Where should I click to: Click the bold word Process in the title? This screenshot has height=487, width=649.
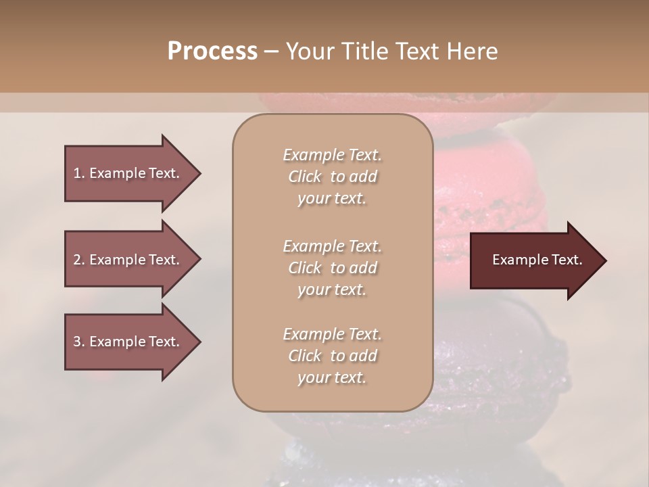pos(212,51)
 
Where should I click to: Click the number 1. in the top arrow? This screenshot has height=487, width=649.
pos(79,173)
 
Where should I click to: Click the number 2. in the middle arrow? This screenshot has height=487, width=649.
pos(79,260)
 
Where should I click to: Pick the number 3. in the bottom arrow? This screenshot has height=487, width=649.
pos(79,342)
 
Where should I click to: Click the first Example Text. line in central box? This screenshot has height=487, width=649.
pos(332,155)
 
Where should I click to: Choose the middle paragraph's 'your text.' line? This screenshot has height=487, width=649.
pos(332,289)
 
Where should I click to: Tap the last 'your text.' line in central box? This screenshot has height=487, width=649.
pos(332,377)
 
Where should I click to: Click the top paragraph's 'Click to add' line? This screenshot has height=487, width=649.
pos(332,177)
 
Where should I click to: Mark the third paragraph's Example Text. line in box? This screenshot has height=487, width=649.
pos(332,334)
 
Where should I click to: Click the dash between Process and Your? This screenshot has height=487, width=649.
pos(271,51)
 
